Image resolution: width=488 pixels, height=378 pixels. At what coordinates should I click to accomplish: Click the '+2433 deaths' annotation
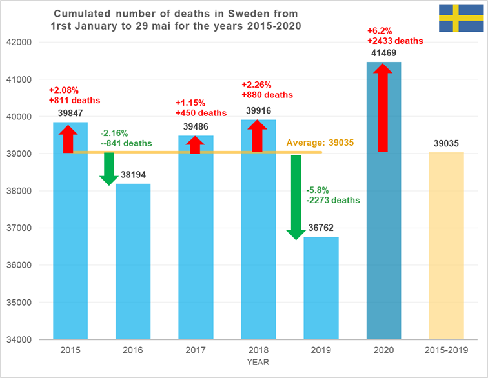pos(395,41)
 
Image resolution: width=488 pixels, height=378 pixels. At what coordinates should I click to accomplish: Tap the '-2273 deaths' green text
pos(333,200)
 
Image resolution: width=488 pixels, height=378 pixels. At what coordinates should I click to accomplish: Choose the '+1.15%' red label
pos(190,103)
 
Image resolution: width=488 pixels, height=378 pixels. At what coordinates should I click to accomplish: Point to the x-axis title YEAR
pos(258,363)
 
